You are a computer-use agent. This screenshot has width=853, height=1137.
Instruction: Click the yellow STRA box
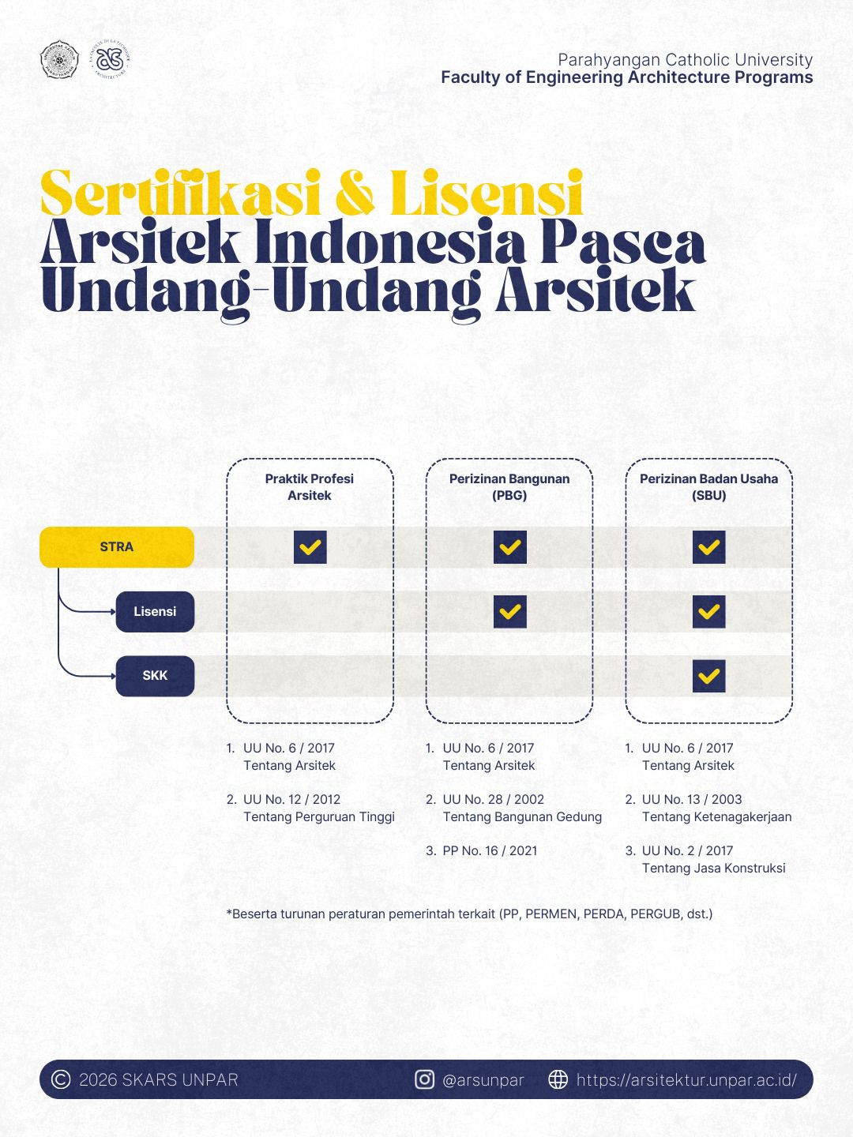click(117, 546)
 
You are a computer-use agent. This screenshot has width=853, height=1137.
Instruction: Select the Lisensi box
click(155, 611)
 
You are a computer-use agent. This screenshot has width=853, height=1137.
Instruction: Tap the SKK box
click(155, 676)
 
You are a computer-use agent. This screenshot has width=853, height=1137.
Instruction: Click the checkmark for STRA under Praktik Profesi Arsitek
click(310, 546)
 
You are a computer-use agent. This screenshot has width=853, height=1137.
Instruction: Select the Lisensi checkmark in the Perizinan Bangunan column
click(509, 611)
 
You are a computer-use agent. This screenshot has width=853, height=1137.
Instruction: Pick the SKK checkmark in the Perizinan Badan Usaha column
click(708, 676)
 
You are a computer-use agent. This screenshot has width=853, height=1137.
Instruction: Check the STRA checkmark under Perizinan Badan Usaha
click(708, 546)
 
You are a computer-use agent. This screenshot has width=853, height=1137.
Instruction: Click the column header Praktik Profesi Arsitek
click(310, 487)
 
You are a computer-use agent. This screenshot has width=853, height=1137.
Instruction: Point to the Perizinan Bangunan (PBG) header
click(509, 487)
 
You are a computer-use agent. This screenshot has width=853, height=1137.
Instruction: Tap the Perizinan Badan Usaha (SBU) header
click(708, 487)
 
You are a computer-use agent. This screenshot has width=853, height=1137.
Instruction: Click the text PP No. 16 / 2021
click(490, 850)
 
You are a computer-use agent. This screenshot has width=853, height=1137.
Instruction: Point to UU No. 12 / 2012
click(291, 799)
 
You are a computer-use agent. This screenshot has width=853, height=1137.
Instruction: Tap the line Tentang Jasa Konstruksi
click(713, 868)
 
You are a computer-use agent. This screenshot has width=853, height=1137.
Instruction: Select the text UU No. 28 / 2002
click(493, 799)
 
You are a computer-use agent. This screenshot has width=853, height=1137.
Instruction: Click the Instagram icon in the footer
click(425, 1079)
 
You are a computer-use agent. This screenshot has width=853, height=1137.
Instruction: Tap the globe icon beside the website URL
click(558, 1079)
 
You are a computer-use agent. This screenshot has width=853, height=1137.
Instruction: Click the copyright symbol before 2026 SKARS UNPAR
click(61, 1079)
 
